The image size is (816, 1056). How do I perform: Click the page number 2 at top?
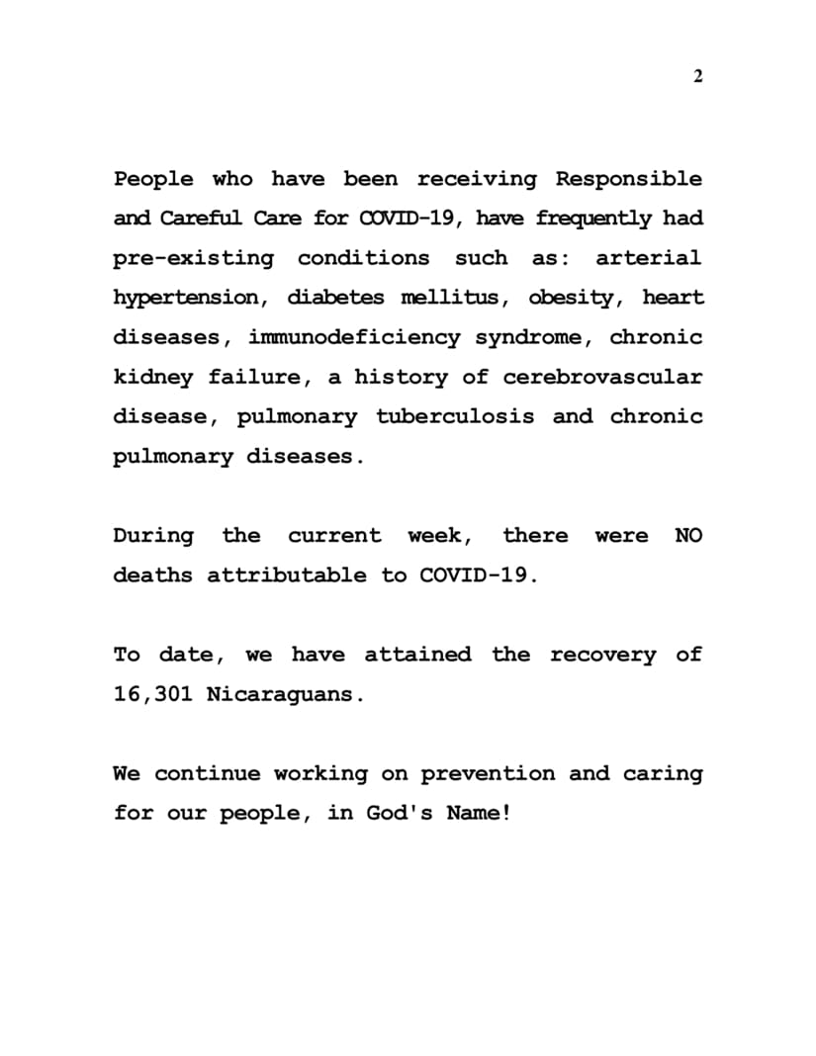pos(697,78)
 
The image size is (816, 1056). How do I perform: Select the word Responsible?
pos(629,180)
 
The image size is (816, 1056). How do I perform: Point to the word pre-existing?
pos(193,259)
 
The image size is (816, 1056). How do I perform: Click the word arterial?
pos(649,259)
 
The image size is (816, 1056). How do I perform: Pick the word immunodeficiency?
pos(354,337)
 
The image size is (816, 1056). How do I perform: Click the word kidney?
pos(152,377)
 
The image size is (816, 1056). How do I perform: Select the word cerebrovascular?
pos(602,377)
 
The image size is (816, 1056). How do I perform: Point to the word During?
pos(153,536)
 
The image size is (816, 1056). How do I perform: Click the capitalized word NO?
pos(688,536)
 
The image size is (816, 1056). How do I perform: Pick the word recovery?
pos(602,655)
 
